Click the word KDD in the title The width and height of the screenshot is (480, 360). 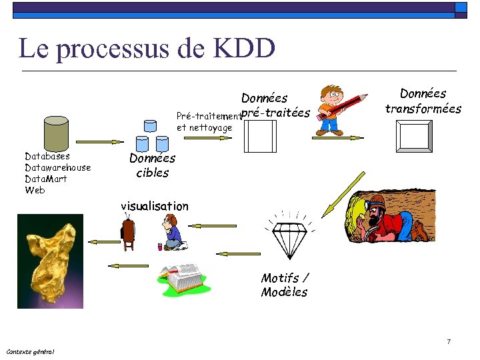244,49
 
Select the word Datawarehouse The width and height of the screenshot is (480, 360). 57,167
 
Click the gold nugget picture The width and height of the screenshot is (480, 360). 50,261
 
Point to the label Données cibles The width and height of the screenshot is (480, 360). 152,165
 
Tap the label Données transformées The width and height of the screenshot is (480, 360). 423,101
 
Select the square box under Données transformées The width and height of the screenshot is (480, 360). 414,137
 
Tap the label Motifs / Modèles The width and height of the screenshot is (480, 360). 285,285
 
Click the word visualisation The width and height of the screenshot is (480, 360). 155,206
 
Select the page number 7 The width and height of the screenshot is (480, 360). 449,342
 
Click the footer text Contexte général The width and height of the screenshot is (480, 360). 31,351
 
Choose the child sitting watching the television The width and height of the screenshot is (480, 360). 173,234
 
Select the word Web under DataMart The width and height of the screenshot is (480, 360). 35,190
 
